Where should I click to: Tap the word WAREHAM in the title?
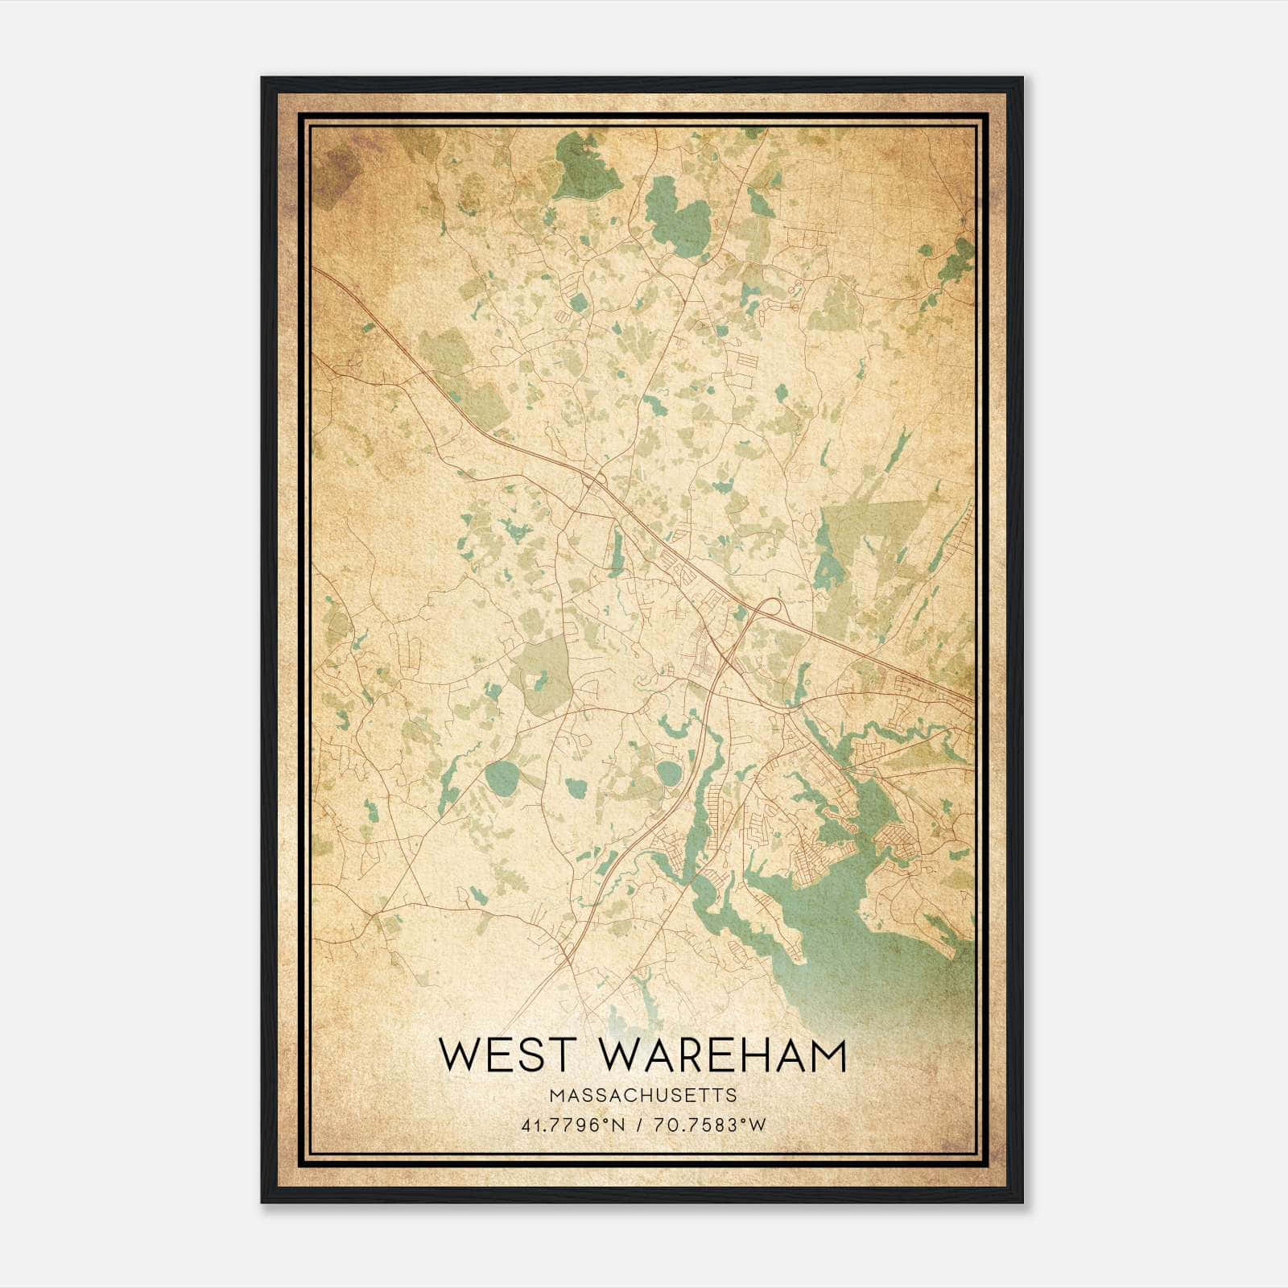tap(724, 1055)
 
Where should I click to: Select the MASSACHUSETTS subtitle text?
tap(642, 1096)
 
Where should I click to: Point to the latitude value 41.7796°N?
tap(573, 1125)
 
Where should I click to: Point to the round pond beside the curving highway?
tap(668, 774)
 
